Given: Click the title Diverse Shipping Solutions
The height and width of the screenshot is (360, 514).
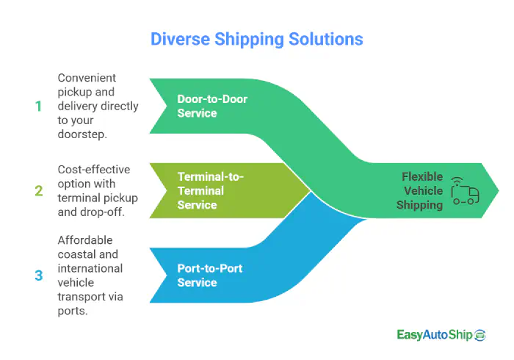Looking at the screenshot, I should (256, 38).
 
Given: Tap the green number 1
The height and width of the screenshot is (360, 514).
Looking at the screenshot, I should (38, 106).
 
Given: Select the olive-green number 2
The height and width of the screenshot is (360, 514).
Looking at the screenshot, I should (38, 191).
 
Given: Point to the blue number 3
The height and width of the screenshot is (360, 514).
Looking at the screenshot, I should (38, 276).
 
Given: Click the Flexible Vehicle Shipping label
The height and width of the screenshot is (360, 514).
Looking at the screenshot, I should (421, 191).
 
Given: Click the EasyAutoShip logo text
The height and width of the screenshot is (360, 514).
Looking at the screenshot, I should (433, 335).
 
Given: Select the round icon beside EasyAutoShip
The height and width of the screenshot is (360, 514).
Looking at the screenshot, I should (480, 335).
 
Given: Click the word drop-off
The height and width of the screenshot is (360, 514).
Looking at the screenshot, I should (104, 212).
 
